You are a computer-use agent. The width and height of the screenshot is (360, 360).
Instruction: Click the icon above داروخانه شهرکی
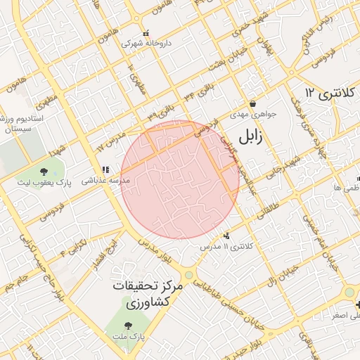(146, 32)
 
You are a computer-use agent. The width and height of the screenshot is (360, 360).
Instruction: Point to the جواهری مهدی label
(255, 113)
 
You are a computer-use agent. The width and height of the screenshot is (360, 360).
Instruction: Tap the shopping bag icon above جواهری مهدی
(252, 103)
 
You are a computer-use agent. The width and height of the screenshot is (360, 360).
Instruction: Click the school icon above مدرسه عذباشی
(105, 169)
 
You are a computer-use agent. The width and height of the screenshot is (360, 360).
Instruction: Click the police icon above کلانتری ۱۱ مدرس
(226, 236)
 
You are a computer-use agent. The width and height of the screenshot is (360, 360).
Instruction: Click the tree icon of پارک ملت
(128, 326)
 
